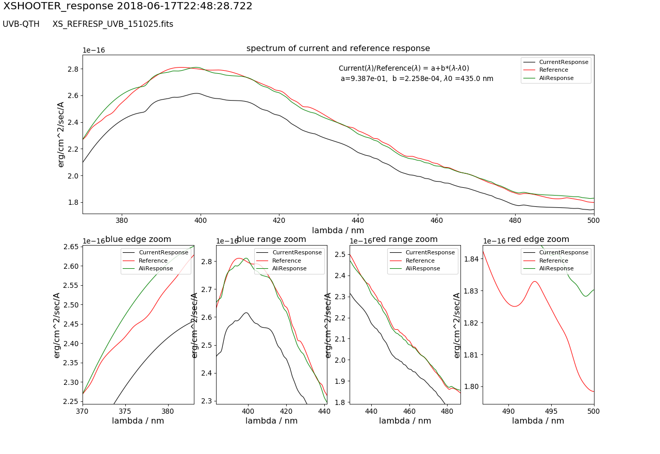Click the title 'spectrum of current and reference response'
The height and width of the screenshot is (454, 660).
tap(338, 48)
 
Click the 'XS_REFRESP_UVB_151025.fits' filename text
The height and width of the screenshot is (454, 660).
tap(112, 24)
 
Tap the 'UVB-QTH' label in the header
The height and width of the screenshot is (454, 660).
tap(21, 24)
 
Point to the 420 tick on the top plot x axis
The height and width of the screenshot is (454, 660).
tap(279, 219)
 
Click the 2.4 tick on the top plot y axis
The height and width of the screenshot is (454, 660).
tap(71, 122)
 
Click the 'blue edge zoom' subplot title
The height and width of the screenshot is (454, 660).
tap(138, 239)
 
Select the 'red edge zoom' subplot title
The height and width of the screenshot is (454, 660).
tap(538, 239)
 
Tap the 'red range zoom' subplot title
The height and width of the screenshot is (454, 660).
tap(405, 239)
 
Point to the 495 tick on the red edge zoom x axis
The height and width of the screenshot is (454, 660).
tap(551, 411)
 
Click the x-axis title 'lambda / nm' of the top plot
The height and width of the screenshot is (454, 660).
tap(338, 230)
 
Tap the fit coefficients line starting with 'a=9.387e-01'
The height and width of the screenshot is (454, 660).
tap(417, 79)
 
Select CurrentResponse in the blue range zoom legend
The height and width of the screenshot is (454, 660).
tap(296, 253)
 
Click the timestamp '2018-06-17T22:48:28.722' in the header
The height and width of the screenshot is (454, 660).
tap(184, 6)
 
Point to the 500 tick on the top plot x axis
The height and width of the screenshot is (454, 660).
tap(594, 219)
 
